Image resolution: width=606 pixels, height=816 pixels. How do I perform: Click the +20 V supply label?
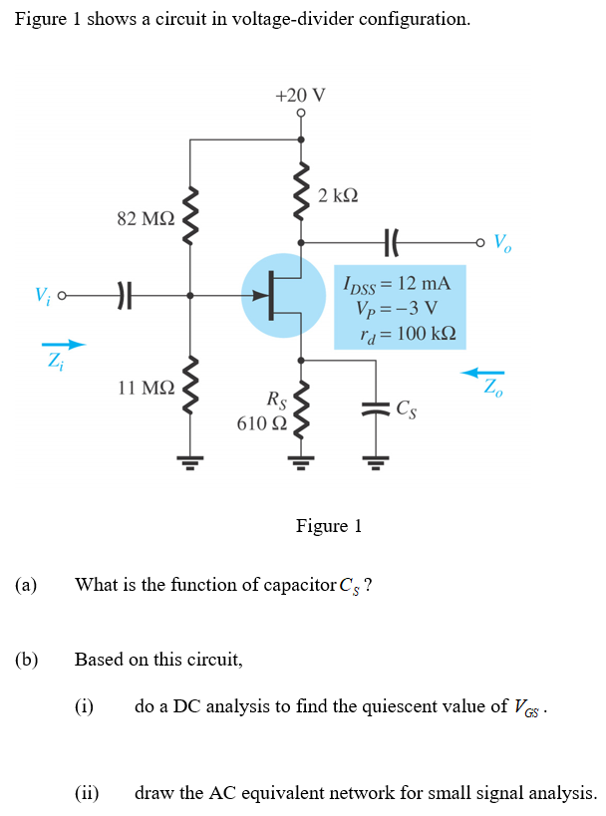click(300, 95)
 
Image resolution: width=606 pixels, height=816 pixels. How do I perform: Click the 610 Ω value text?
click(261, 423)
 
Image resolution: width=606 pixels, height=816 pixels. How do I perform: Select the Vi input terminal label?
click(41, 295)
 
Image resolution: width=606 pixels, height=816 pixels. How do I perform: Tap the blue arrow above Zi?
click(63, 346)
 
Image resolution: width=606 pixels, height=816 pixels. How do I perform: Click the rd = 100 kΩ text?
click(396, 332)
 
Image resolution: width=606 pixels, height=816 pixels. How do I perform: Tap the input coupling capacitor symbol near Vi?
click(123, 295)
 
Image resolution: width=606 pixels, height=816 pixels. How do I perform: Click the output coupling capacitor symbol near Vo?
click(391, 241)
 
